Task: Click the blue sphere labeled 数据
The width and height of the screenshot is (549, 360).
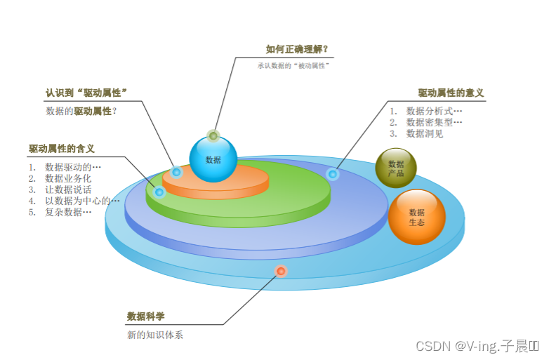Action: click(x=213, y=159)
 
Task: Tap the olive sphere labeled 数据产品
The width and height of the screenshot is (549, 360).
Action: click(x=396, y=168)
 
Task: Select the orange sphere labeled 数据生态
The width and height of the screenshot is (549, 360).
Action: click(x=416, y=217)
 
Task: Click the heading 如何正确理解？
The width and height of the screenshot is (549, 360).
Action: click(x=297, y=49)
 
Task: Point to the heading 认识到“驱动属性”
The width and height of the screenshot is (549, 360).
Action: click(x=91, y=93)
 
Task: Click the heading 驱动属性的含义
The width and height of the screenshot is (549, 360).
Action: click(x=62, y=149)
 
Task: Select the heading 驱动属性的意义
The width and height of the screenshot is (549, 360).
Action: click(x=451, y=93)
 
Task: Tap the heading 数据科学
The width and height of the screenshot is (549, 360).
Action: click(x=146, y=316)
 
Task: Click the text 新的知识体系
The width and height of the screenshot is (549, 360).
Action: click(x=154, y=335)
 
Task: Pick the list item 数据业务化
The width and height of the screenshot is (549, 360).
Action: click(x=68, y=178)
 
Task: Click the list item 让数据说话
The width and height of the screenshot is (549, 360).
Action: click(x=68, y=189)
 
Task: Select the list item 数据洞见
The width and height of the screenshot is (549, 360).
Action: click(x=425, y=133)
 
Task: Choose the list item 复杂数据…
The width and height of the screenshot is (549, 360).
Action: click(x=68, y=212)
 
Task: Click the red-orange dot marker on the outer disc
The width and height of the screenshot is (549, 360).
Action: click(x=281, y=271)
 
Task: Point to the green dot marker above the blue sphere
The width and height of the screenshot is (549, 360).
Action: click(x=213, y=135)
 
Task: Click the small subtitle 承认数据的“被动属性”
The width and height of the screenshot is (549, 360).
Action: click(x=293, y=66)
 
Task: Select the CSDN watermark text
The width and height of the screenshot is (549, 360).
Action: click(x=477, y=346)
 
